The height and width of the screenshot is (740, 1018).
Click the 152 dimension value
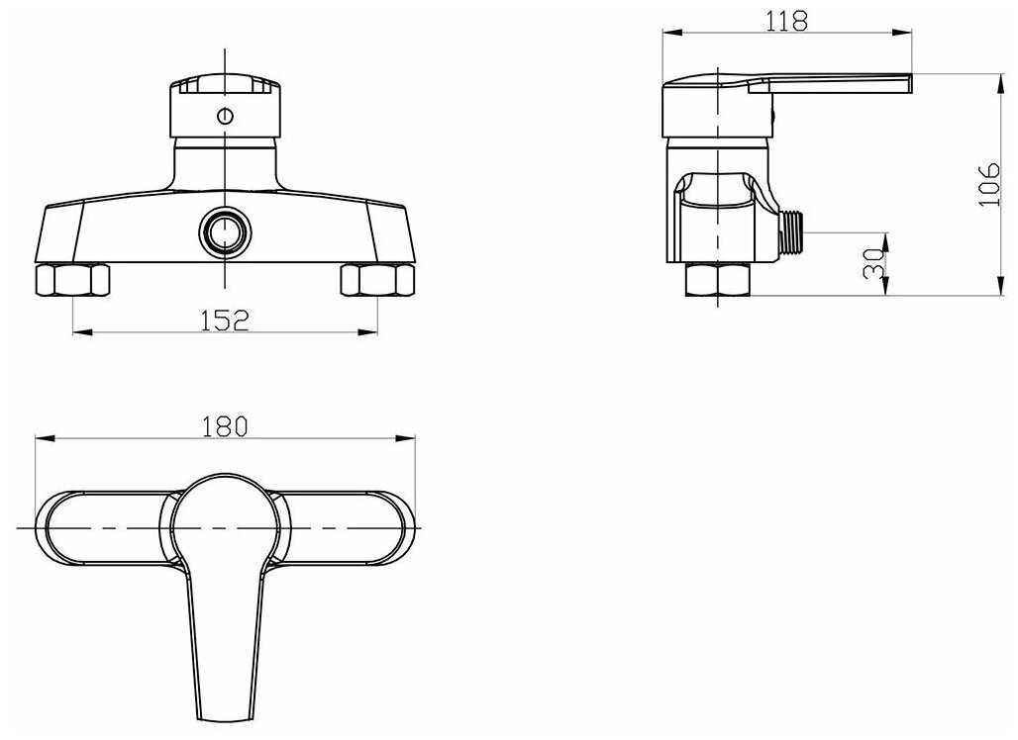(225, 320)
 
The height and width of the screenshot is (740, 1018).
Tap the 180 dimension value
(225, 426)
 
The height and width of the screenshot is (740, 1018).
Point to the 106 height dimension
(989, 184)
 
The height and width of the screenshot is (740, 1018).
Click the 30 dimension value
(873, 263)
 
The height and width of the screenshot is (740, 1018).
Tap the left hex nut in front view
(72, 280)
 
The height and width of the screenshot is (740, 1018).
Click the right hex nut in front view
(377, 280)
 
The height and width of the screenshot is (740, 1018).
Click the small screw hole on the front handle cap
(225, 116)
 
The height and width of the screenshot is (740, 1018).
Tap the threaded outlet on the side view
(791, 232)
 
